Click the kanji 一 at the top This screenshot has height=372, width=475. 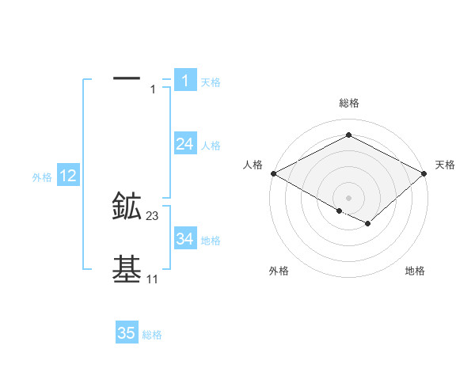coord(127,78)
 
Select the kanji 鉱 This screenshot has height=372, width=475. coord(127,207)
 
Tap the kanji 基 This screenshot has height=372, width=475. coord(127,270)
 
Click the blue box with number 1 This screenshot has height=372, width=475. coord(184,80)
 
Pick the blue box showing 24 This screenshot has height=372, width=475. coord(184,144)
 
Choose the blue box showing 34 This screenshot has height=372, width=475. coord(184,239)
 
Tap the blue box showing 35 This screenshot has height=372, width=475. coord(127,333)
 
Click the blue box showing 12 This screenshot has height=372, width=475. coord(68,176)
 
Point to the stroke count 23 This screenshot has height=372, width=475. coord(153,216)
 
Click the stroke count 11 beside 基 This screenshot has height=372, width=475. coord(152,279)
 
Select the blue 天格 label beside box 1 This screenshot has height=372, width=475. coord(211,82)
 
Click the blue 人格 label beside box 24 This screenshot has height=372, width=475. coord(211,146)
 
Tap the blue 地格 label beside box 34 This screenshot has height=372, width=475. coord(211,241)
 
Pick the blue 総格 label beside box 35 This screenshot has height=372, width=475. coord(152,335)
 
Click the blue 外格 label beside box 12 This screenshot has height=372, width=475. coord(42,178)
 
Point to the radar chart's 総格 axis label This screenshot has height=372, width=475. coord(348,103)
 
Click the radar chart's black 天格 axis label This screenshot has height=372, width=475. coord(445,165)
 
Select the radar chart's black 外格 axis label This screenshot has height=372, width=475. coord(279,271)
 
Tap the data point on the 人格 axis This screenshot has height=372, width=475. coord(273,173)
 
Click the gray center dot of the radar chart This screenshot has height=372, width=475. coord(348,197)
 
